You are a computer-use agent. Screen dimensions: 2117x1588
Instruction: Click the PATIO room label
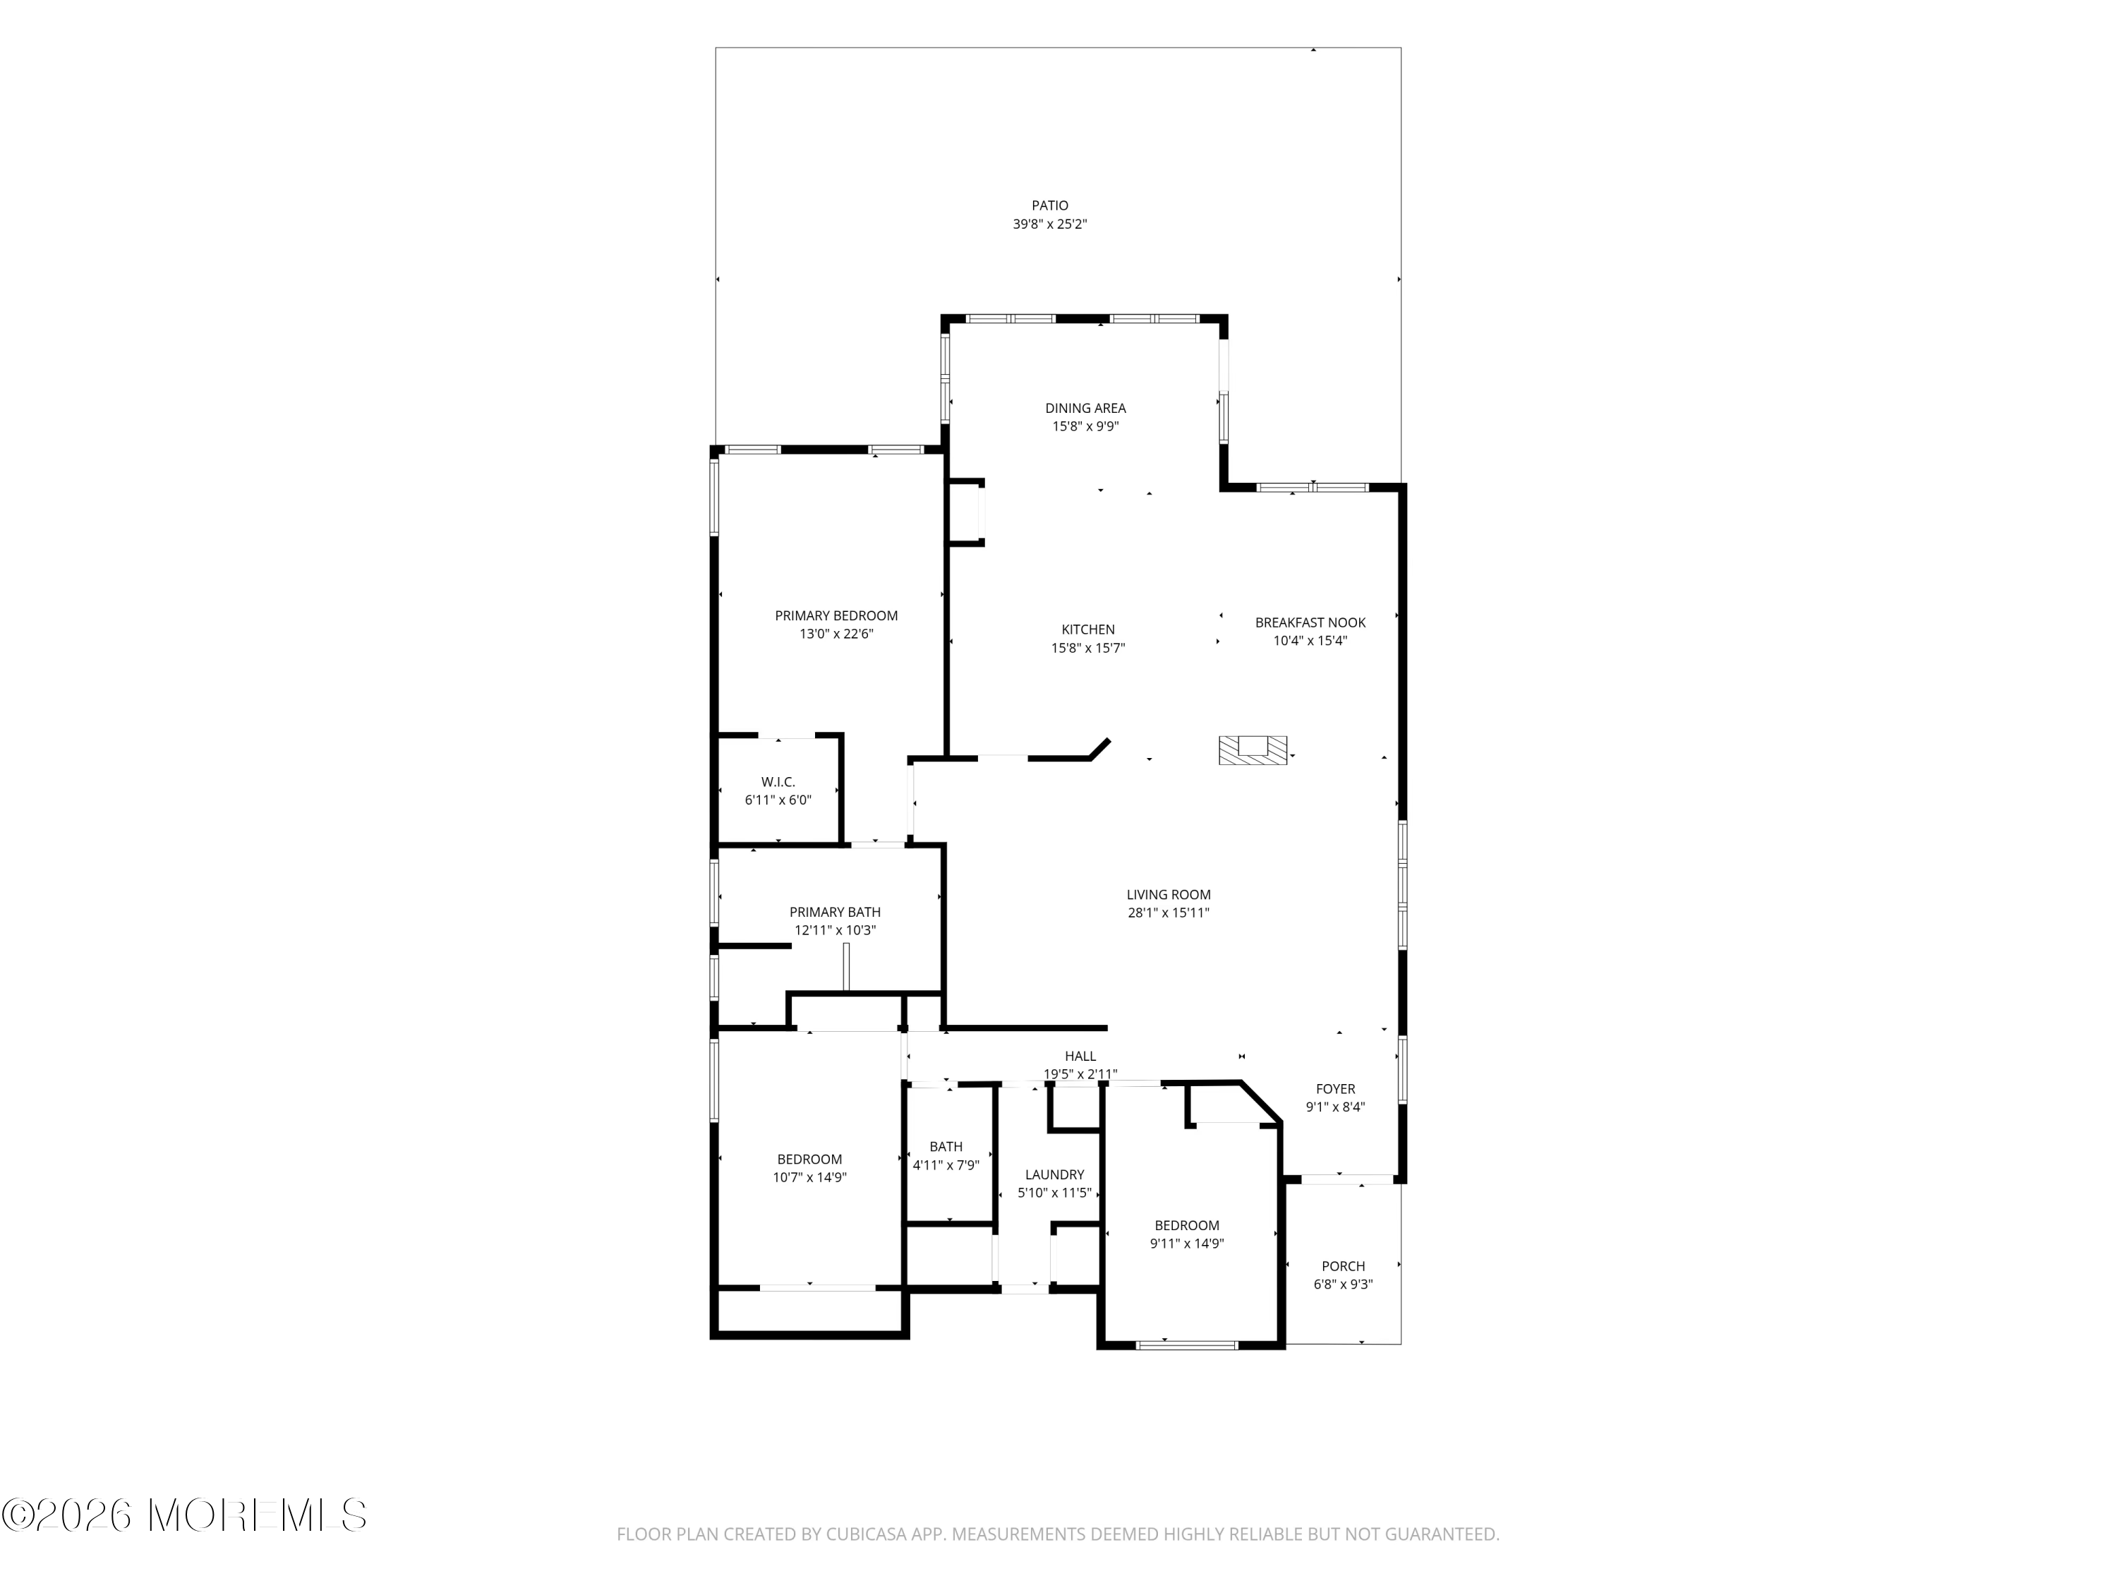(1050, 205)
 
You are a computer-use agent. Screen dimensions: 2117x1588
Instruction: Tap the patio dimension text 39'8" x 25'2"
(1050, 224)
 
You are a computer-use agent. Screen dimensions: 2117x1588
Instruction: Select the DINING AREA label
(1085, 408)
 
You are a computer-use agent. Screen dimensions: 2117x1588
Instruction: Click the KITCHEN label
(1088, 629)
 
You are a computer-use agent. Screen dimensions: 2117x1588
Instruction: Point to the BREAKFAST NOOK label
(1310, 622)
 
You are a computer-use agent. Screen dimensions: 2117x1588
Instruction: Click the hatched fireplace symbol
(1253, 750)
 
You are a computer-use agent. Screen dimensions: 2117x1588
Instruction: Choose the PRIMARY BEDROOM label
(836, 615)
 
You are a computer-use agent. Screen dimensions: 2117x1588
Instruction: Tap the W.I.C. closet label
(778, 782)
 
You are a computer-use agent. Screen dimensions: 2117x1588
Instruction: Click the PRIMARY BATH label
(836, 912)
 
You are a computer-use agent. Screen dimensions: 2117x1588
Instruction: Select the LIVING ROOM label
(1169, 895)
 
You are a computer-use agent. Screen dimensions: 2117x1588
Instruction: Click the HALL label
(1080, 1056)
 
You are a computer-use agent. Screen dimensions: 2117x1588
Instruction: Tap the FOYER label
(1336, 1088)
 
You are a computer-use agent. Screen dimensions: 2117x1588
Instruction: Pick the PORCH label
(1344, 1265)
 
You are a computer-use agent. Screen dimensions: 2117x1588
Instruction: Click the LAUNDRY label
(1055, 1174)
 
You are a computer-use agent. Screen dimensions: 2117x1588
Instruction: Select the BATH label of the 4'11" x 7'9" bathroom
(946, 1145)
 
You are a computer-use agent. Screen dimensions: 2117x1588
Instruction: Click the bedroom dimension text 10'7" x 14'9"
(809, 1177)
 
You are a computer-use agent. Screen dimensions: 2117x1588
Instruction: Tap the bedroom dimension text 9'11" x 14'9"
(1187, 1244)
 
